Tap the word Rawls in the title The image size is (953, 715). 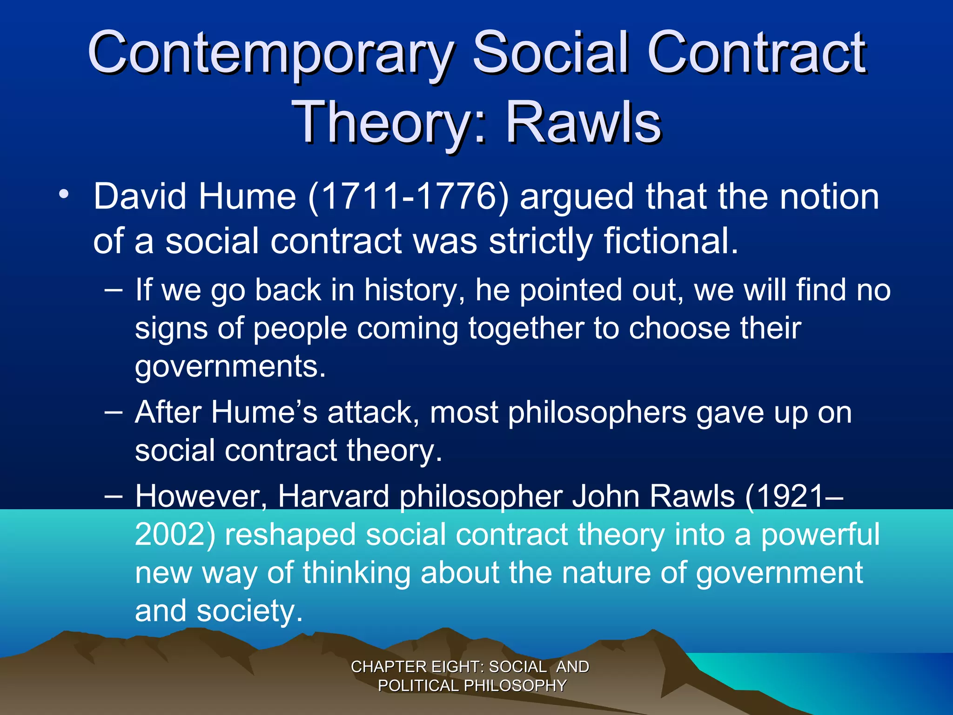(x=584, y=123)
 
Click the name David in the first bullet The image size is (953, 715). (x=142, y=196)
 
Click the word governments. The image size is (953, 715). (x=230, y=367)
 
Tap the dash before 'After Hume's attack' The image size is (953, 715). (x=114, y=412)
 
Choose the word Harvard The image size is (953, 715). (x=333, y=496)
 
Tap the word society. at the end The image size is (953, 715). (x=249, y=611)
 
